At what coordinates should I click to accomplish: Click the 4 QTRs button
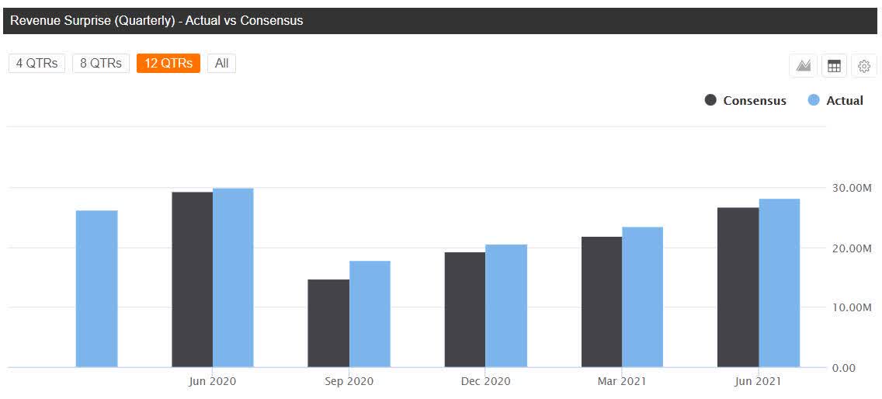click(x=37, y=64)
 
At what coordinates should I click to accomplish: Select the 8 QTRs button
click(x=101, y=64)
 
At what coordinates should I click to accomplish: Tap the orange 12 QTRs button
click(x=168, y=64)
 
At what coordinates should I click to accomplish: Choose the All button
click(x=221, y=64)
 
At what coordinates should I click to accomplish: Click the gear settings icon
click(x=864, y=67)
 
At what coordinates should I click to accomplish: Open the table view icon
click(x=834, y=67)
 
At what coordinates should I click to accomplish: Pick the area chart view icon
click(x=804, y=67)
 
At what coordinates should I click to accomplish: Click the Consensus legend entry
click(x=745, y=101)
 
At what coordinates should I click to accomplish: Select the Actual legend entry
click(x=836, y=101)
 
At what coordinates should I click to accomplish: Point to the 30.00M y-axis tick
click(x=851, y=188)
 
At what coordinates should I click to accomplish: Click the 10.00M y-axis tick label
click(x=851, y=308)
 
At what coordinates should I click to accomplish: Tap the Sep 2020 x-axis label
click(x=349, y=381)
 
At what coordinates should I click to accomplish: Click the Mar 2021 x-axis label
click(x=621, y=381)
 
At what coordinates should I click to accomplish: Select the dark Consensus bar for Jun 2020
click(x=192, y=279)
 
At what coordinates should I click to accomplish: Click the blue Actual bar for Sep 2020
click(x=370, y=314)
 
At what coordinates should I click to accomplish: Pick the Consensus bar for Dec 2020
click(x=464, y=310)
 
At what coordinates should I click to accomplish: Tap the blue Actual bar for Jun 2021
click(x=779, y=283)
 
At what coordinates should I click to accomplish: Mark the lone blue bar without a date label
click(x=96, y=289)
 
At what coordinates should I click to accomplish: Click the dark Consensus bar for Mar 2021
click(x=601, y=302)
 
